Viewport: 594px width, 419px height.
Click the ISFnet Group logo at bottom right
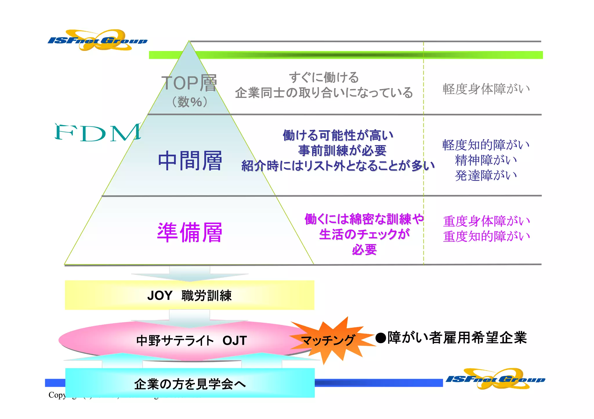coord(495,379)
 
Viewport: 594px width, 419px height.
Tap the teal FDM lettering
coord(98,132)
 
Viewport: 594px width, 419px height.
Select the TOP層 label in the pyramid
coord(189,83)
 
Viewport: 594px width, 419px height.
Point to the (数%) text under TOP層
coord(190,102)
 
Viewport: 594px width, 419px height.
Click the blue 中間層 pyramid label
coord(190,161)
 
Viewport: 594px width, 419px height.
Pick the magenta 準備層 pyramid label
coord(190,232)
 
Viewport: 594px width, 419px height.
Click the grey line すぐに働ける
coord(324,77)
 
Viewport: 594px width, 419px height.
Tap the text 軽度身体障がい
coord(486,89)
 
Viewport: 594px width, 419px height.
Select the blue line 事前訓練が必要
coord(342,151)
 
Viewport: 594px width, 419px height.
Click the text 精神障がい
coord(486,160)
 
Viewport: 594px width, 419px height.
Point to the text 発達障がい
coord(486,175)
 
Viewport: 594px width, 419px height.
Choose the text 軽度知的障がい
coord(486,145)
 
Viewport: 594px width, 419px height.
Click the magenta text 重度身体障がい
coord(486,221)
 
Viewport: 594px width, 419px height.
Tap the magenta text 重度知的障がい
coord(486,236)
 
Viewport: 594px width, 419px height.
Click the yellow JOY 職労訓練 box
coord(189,295)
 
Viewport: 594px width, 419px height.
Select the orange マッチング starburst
coord(328,340)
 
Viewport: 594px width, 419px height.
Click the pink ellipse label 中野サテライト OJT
coord(191,341)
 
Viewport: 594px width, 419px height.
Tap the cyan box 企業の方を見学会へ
coord(190,384)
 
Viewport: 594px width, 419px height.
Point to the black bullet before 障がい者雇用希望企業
coord(381,338)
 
